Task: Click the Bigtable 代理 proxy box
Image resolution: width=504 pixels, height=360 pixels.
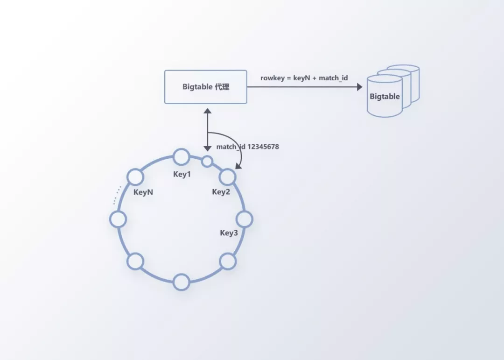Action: click(x=205, y=87)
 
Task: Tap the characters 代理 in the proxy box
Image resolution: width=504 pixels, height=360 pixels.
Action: click(x=222, y=87)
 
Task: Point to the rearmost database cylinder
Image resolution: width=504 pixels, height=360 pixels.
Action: click(x=411, y=75)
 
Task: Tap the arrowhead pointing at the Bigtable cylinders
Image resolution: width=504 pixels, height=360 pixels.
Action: click(x=359, y=87)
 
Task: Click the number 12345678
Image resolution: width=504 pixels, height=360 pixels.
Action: click(x=263, y=147)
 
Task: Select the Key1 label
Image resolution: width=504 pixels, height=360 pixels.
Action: click(x=182, y=174)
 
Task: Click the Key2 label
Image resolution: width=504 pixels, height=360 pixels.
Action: click(x=221, y=192)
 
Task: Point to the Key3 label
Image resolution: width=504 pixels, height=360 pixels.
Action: click(x=229, y=233)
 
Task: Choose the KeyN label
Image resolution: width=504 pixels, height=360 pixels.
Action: click(x=143, y=192)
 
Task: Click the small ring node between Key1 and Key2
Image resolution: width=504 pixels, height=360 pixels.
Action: click(x=207, y=162)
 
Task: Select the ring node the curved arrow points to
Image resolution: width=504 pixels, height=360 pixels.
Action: click(x=227, y=176)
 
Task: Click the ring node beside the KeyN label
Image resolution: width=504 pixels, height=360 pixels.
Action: click(x=135, y=177)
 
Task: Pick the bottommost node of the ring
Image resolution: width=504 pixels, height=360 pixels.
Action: click(x=181, y=282)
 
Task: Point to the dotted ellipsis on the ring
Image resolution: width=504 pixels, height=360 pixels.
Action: click(x=117, y=195)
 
